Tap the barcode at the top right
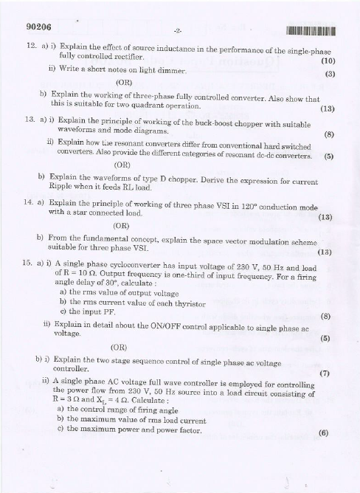(305, 31)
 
